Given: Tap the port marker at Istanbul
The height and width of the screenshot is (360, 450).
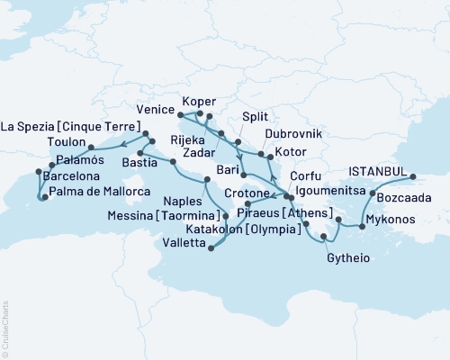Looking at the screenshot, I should pyautogui.click(x=413, y=177).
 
